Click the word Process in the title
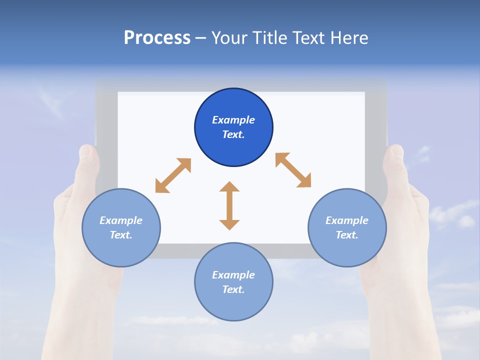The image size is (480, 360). (x=157, y=38)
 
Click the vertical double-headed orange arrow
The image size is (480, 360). (x=229, y=205)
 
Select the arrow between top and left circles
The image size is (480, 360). (x=173, y=175)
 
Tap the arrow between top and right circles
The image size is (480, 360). (x=293, y=170)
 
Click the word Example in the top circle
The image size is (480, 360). (x=233, y=120)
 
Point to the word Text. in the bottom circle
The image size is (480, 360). (x=233, y=289)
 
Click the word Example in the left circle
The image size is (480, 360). (x=121, y=220)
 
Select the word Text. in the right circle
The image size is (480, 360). (x=347, y=235)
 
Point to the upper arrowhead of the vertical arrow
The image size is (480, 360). (x=229, y=187)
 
